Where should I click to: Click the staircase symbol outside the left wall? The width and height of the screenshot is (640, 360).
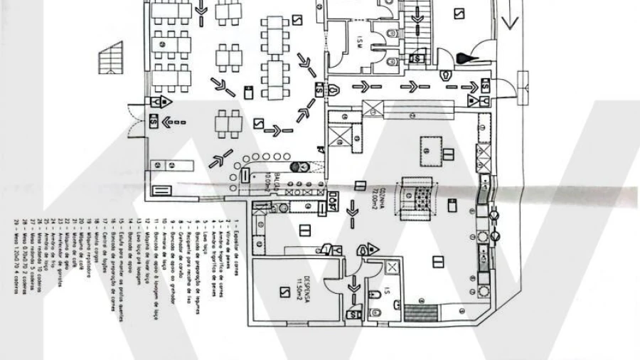click(x=109, y=58)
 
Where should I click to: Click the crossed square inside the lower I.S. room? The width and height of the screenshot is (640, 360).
click(x=393, y=268)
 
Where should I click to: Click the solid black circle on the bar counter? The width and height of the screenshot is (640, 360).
click(x=304, y=167)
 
